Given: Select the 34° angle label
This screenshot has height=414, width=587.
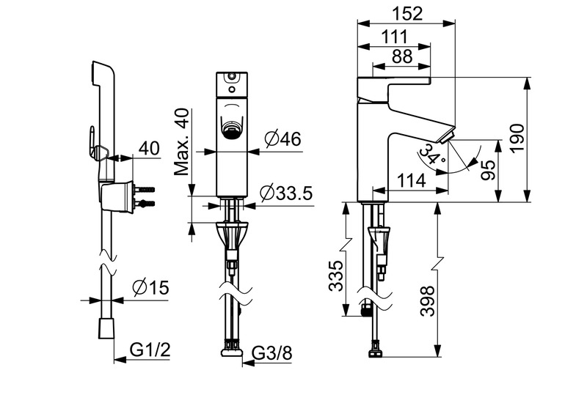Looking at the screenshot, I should click(430, 154).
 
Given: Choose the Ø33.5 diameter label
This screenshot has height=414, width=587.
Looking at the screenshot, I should click(286, 193).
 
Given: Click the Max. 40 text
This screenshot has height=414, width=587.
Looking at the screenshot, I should click(183, 142).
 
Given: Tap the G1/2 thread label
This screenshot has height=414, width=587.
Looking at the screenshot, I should click(150, 350).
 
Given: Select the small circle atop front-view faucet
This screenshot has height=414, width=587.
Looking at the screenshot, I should click(233, 76).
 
